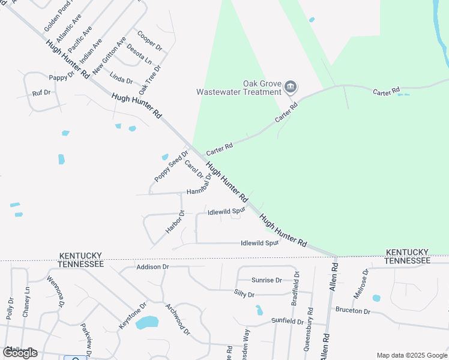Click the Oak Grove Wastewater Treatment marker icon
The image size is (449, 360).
click(x=291, y=88)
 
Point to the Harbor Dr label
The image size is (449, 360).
click(x=175, y=221)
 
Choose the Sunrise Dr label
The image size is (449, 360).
click(x=267, y=280)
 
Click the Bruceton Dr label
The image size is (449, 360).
click(x=353, y=311)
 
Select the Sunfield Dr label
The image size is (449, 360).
click(x=287, y=322)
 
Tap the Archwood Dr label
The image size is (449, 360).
click(x=178, y=319)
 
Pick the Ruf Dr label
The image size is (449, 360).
click(x=41, y=93)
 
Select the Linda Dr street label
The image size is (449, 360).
click(x=121, y=77)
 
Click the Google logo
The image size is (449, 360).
click(x=20, y=353)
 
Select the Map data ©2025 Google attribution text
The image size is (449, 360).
click(x=411, y=355)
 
